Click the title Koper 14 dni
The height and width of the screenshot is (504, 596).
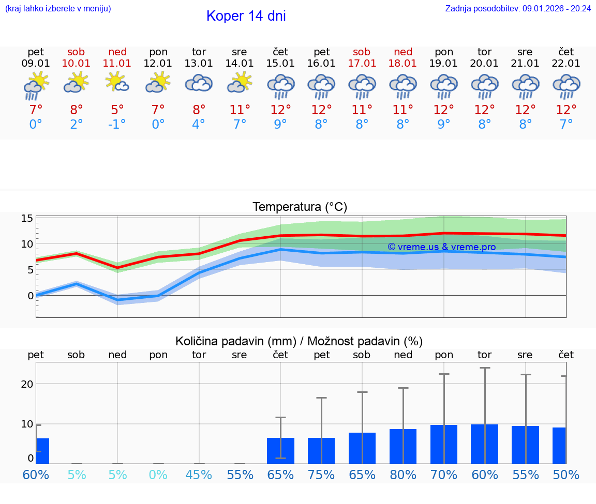point(246,16)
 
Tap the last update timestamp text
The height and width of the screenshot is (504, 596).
point(518,8)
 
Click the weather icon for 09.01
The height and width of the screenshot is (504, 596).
point(36,85)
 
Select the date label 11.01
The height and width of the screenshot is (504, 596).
point(117,64)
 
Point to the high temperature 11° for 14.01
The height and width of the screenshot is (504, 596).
point(240,110)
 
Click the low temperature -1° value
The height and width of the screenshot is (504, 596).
point(117,124)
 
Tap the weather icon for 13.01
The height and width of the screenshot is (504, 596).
point(199,83)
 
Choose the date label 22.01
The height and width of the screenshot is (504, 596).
point(566,64)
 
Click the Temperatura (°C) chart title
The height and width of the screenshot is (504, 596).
point(300,207)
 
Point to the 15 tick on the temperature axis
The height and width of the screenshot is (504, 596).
point(27,218)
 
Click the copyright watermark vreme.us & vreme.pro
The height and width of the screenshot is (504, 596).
point(441,247)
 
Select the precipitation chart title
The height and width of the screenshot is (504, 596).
point(299,341)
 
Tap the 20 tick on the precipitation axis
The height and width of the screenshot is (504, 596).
point(27,384)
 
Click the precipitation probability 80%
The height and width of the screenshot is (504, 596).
point(403,475)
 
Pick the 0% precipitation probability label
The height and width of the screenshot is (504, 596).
point(158,475)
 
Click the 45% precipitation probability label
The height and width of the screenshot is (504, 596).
point(199,475)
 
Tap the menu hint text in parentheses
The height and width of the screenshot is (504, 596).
point(58,8)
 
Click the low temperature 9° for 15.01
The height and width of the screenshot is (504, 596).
point(280,124)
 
